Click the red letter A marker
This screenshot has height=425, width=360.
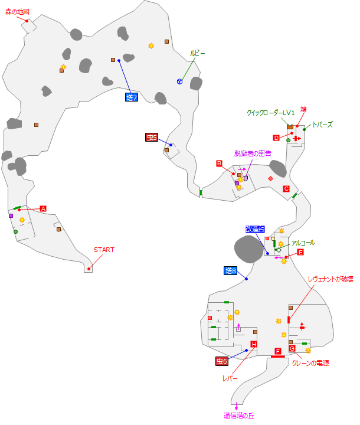[43, 208]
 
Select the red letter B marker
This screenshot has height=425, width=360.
[219, 164]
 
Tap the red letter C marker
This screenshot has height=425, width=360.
[286, 189]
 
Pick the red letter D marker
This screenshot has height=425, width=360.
[276, 138]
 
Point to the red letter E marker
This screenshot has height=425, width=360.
[300, 252]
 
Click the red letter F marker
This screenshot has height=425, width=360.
[278, 351]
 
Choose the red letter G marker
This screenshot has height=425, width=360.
[292, 348]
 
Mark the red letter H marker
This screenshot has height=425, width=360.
[254, 344]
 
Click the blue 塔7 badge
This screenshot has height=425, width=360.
[132, 97]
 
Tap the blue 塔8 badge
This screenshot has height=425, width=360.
[231, 271]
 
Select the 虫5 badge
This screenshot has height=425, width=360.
[152, 138]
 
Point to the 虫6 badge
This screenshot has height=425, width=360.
[221, 361]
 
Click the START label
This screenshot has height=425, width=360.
[104, 250]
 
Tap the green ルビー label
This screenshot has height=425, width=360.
[198, 53]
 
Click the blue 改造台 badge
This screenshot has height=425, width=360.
[256, 229]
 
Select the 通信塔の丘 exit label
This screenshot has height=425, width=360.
[238, 416]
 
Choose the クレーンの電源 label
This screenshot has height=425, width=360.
[310, 364]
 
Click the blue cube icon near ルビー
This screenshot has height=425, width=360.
[179, 81]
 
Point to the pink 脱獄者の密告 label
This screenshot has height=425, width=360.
[253, 153]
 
